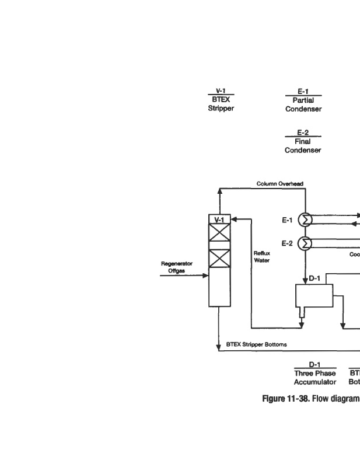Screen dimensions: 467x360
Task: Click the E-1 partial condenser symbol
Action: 305,219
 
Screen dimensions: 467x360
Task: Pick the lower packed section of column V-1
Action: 220,259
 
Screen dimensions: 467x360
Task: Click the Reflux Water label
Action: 261,257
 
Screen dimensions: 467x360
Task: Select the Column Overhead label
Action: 279,183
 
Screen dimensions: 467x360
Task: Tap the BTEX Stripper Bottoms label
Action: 256,344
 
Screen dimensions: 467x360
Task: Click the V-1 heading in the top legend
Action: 221,91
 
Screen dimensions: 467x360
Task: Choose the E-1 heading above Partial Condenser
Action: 303,92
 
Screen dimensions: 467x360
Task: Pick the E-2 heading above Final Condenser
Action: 303,133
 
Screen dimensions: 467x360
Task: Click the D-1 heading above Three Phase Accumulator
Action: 315,365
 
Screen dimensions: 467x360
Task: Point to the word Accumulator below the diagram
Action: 315,382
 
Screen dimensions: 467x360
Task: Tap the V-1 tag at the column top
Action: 219,219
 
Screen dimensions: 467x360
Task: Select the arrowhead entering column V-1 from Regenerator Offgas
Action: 206,276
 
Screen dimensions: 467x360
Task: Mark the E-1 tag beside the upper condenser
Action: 287,220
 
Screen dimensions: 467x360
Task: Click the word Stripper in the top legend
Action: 221,109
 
